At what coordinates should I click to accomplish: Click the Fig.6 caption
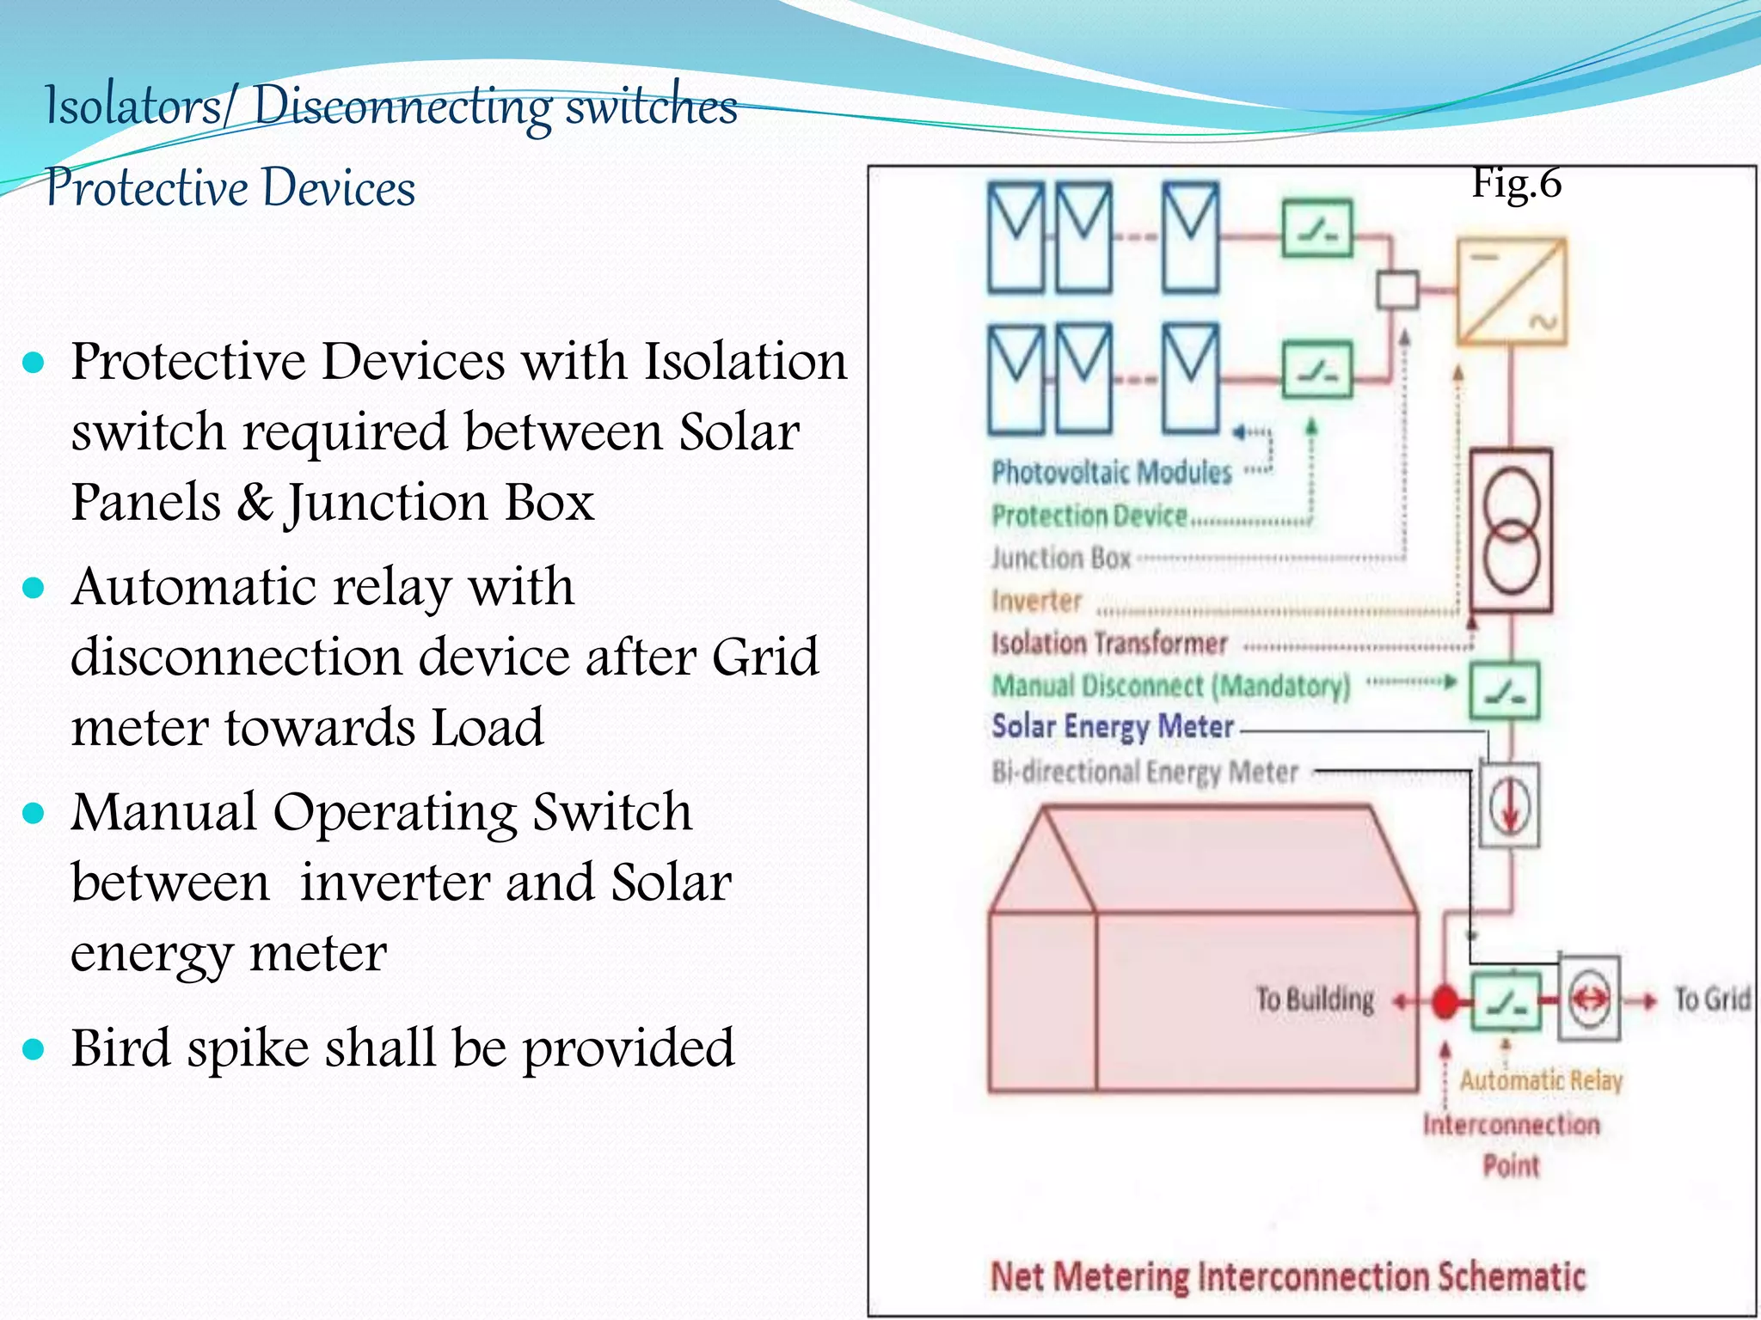click(1516, 183)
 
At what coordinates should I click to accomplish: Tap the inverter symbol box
click(1511, 292)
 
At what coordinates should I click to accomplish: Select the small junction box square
click(1397, 290)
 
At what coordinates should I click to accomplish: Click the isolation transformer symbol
click(1511, 530)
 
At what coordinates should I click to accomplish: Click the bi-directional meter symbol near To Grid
click(1589, 999)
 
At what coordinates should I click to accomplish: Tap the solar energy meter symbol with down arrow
click(1510, 805)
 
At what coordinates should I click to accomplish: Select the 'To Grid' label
click(1711, 999)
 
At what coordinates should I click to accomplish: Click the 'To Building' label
click(1315, 999)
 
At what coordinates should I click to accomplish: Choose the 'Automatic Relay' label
click(1541, 1080)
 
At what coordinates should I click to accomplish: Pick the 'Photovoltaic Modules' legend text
click(1111, 473)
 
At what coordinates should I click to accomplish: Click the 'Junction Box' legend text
click(1061, 559)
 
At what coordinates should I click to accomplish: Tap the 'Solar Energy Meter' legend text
click(1113, 727)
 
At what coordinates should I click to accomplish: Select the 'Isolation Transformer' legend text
click(1109, 644)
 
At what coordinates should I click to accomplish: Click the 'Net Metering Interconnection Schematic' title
click(1287, 1276)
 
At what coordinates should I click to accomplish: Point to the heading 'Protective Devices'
click(230, 187)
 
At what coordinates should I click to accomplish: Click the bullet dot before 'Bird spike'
click(34, 1049)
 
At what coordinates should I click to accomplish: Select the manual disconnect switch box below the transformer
click(1504, 691)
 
